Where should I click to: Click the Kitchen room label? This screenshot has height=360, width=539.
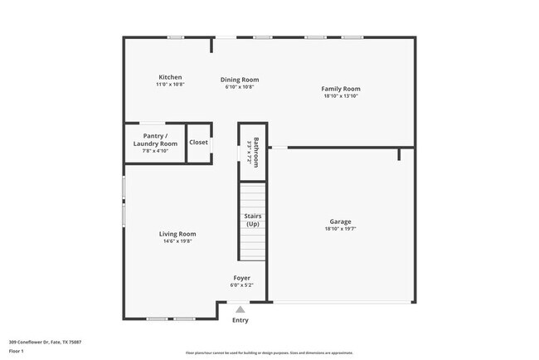(x=170, y=77)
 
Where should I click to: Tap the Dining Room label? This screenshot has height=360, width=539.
(x=240, y=80)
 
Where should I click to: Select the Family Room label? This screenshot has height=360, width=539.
(x=341, y=89)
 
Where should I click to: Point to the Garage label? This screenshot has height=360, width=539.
(x=340, y=221)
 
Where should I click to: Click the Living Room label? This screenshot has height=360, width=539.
(x=177, y=234)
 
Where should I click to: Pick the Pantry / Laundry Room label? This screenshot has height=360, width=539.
(x=155, y=139)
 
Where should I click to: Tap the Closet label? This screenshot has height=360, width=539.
(x=199, y=142)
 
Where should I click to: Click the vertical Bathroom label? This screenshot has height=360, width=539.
(x=256, y=152)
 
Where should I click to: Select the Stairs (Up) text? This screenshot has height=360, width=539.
(x=252, y=220)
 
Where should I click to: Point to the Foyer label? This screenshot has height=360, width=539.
(x=241, y=278)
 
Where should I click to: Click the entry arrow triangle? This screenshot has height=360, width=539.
(x=240, y=309)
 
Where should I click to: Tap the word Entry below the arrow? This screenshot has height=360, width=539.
(x=240, y=320)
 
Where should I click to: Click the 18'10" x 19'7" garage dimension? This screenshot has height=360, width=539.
(x=340, y=229)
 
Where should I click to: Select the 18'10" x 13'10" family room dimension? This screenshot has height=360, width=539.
(x=341, y=96)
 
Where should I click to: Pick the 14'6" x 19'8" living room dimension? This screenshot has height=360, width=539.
(x=177, y=241)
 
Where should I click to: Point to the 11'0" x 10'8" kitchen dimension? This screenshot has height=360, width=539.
(x=170, y=85)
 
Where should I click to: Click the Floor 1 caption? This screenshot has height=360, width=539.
(x=17, y=351)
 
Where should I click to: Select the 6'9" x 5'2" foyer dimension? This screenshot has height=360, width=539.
(x=241, y=285)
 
